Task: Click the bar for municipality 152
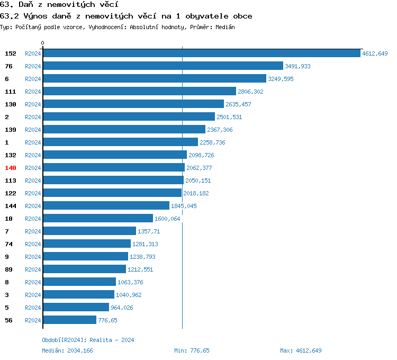click(x=201, y=53)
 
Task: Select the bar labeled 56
click(x=69, y=320)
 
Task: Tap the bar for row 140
click(x=113, y=168)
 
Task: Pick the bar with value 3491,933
click(x=163, y=66)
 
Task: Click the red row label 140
click(x=11, y=168)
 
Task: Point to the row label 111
click(x=11, y=92)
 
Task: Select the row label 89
click(x=9, y=269)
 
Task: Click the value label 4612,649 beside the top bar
click(x=375, y=53)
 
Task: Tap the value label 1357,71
click(x=149, y=231)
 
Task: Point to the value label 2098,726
click(x=201, y=155)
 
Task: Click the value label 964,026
click(x=122, y=308)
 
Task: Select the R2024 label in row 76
click(x=33, y=66)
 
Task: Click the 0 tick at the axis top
click(x=43, y=43)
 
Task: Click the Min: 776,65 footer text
click(x=192, y=350)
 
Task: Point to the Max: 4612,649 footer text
click(x=301, y=350)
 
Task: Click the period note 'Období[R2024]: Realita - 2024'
click(x=88, y=340)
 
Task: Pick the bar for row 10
click(x=97, y=219)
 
